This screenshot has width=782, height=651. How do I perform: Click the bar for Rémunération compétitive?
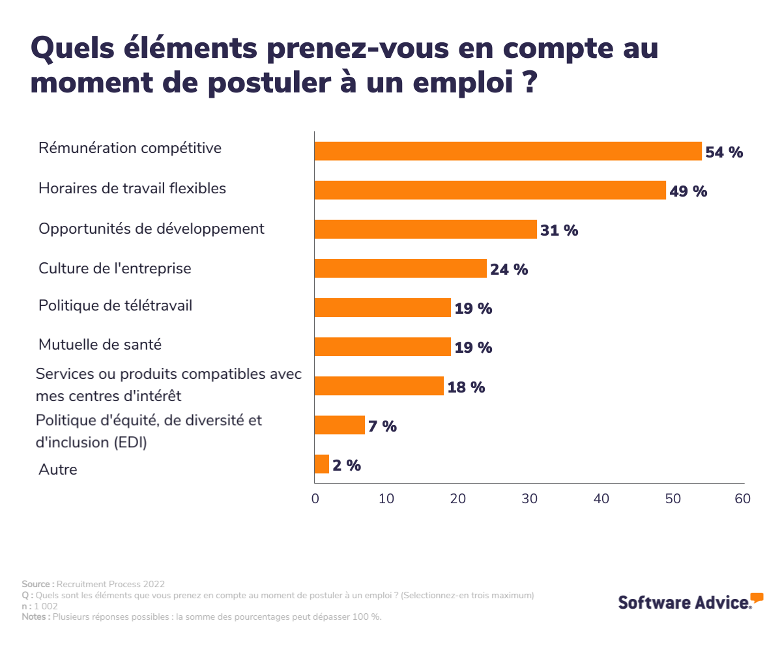pos(508,151)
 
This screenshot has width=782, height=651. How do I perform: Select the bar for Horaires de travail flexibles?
pos(490,190)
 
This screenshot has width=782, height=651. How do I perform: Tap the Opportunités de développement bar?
pos(426,229)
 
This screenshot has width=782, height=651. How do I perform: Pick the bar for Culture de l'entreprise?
pos(401,268)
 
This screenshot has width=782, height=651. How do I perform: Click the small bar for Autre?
pos(322,464)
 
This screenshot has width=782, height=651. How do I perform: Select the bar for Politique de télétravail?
pos(383,307)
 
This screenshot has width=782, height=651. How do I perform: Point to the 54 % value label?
pos(724,152)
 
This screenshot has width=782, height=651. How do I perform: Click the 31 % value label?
pos(559,230)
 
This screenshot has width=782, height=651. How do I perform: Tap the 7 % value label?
pos(383,426)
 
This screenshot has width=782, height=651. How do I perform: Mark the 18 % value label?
pos(466,387)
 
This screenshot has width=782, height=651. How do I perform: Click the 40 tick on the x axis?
pos(601,499)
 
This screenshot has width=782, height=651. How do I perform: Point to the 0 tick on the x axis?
pos(315,499)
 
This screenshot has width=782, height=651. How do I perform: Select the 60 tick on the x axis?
pos(743,499)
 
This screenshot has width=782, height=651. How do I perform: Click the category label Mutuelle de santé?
pos(100,344)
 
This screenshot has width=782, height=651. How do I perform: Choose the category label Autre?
pos(58,469)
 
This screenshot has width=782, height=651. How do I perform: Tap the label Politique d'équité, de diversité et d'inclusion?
pos(149,431)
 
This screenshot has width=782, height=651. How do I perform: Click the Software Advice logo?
pos(690,601)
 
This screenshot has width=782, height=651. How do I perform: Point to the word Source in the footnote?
pos(37,584)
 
